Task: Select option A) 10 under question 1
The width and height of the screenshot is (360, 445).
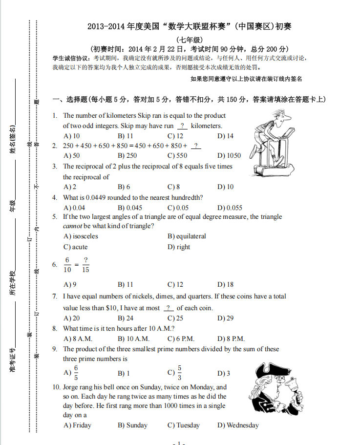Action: point(72,136)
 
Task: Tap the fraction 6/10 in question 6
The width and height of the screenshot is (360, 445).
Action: point(67,264)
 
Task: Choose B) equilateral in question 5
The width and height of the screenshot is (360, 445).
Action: point(187,236)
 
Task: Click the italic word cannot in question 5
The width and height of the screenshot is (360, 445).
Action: point(72,226)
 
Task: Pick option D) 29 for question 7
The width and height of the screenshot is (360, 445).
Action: point(225,318)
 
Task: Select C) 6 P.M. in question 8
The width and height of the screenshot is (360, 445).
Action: point(181,339)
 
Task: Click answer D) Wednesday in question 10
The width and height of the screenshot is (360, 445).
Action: point(238,425)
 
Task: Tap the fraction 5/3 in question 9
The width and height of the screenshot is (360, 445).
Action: point(179,373)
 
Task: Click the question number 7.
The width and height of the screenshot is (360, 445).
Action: point(55,297)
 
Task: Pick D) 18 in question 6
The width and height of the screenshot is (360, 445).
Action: point(225,284)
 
